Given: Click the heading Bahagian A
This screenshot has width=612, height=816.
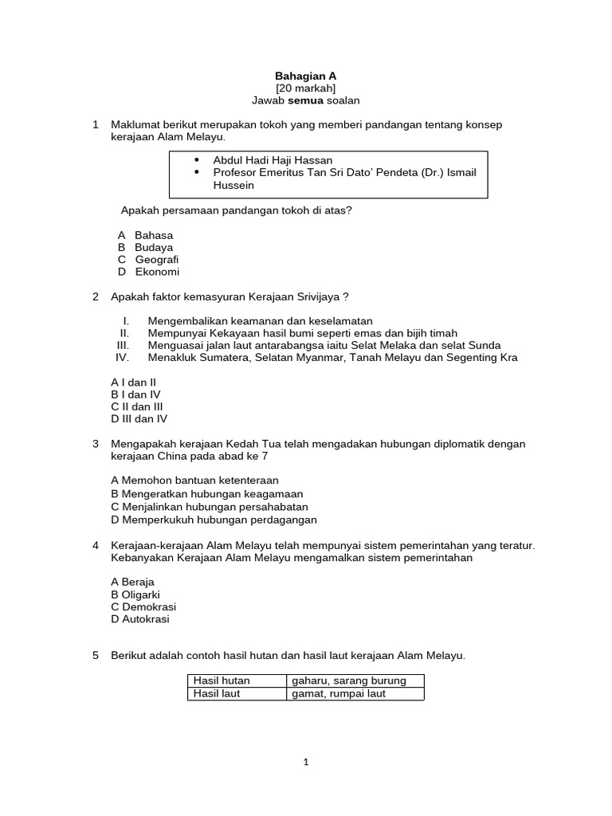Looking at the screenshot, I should [x=305, y=76].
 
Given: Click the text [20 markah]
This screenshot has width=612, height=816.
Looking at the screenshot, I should [x=305, y=88].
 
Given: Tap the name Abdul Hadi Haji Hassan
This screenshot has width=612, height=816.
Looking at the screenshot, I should [x=273, y=160].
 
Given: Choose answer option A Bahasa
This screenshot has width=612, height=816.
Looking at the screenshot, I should [x=145, y=235].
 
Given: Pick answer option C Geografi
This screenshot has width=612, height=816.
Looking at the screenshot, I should [x=148, y=260].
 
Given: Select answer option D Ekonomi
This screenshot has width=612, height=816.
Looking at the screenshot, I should [x=148, y=272].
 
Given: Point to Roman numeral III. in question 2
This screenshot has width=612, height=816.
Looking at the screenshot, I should [x=123, y=345].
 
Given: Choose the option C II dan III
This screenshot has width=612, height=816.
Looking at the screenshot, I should [x=137, y=406].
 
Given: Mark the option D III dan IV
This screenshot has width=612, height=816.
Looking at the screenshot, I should [x=139, y=418].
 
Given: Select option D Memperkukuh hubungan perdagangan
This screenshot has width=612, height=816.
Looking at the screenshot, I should [x=214, y=520].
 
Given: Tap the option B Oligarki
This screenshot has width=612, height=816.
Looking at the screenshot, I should [x=135, y=594].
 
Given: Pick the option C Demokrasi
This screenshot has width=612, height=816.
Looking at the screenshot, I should [x=143, y=606].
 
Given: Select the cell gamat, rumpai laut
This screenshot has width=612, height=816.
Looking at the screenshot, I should [x=338, y=694].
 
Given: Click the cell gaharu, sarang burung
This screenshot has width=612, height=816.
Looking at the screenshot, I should [x=349, y=681].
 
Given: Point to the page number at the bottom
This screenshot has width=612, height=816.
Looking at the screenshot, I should [x=305, y=763].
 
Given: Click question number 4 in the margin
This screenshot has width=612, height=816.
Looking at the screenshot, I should [x=96, y=545].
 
